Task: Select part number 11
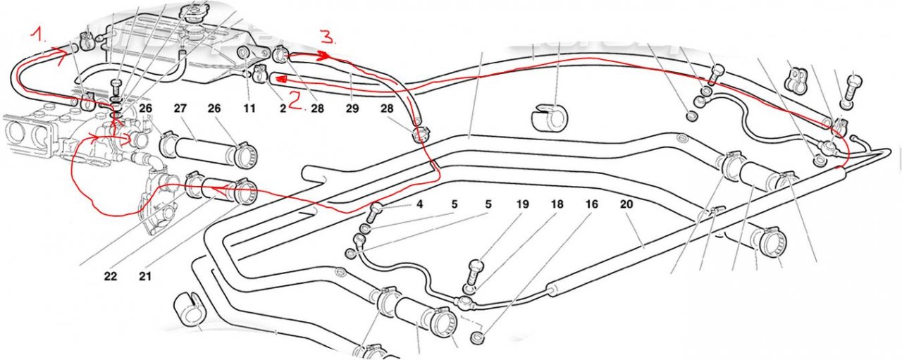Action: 249,108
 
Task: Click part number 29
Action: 352,108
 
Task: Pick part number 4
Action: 419,204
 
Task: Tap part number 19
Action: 522,204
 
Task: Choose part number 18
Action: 557,204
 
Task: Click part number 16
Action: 591,204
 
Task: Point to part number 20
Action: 626,204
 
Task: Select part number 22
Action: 111,276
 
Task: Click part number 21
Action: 145,276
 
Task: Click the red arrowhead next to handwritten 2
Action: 280,78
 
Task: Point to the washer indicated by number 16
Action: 477,337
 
